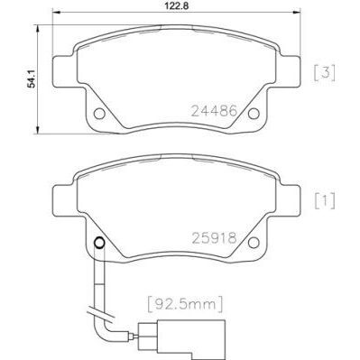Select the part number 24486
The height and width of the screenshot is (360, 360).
tap(213, 111)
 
